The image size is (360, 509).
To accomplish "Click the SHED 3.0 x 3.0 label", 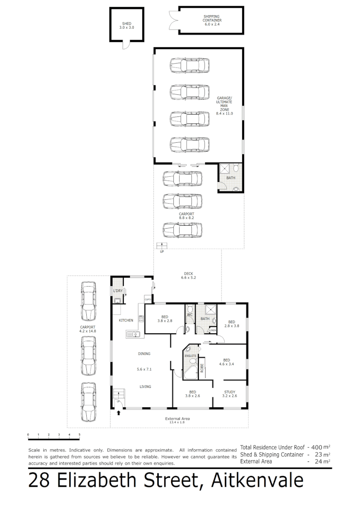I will click(x=126, y=25).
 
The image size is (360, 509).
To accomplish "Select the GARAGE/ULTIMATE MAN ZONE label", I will click(x=224, y=106).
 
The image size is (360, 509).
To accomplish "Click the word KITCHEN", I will click(x=126, y=320).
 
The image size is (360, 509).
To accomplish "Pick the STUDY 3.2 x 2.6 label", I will click(x=229, y=394).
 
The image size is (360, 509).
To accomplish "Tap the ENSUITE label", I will click(x=190, y=356).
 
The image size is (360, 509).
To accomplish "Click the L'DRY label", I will click(x=118, y=291).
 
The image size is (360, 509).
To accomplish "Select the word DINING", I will click(x=145, y=353).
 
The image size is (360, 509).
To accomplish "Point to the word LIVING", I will click(x=145, y=387).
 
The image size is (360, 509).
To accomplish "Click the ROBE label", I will click(x=202, y=368).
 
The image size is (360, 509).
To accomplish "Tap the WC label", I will click(x=190, y=314).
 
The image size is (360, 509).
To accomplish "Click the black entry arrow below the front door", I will click(x=118, y=413).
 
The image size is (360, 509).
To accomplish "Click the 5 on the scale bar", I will click(x=79, y=435).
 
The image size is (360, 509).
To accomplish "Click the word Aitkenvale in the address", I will click(x=257, y=481).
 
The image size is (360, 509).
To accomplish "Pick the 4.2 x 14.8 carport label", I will click(x=88, y=329).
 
